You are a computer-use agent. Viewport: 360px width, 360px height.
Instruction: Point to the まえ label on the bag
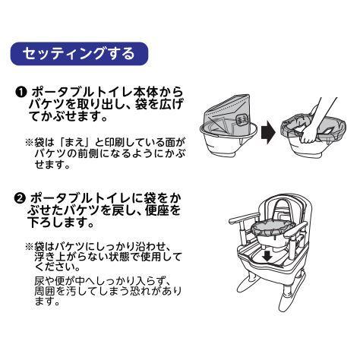[241, 118]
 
